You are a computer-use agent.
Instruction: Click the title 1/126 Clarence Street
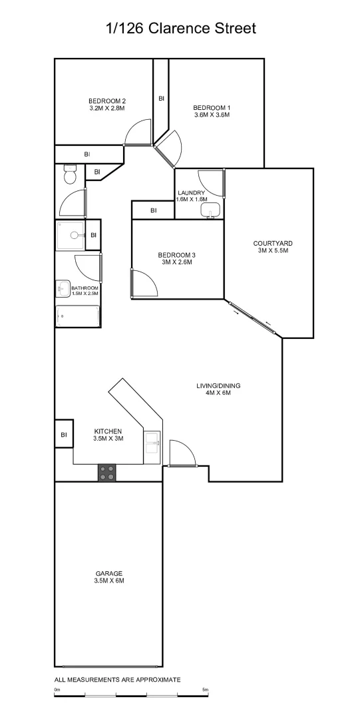click(x=180, y=29)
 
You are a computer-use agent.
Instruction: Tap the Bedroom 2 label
click(x=107, y=101)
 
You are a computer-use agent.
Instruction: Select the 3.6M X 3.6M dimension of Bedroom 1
click(x=212, y=115)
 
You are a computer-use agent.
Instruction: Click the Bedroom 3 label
click(x=176, y=255)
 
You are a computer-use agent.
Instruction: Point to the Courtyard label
click(x=273, y=243)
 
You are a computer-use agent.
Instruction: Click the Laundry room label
click(x=191, y=193)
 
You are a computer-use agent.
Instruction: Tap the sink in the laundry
click(x=210, y=211)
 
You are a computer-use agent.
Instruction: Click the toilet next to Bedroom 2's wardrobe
click(x=69, y=176)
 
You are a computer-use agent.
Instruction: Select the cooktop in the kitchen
click(x=106, y=473)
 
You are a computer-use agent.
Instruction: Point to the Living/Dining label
click(x=218, y=385)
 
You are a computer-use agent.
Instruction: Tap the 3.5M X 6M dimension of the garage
click(x=109, y=581)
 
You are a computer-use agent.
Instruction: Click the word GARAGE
click(x=109, y=573)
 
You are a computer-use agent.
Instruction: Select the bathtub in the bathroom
click(x=78, y=316)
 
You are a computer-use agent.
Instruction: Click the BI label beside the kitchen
click(x=64, y=435)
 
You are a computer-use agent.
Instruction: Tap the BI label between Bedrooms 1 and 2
click(x=161, y=99)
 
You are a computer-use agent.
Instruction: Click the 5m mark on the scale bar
click(x=205, y=690)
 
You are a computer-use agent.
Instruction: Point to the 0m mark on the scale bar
click(x=57, y=690)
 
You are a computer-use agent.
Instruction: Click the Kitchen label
click(x=108, y=431)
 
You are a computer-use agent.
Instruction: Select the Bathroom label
click(x=85, y=288)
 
